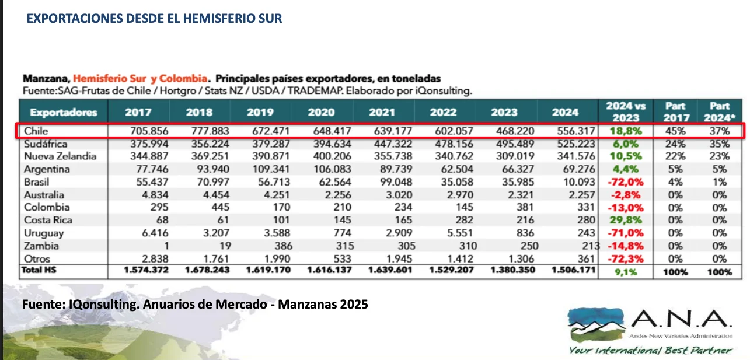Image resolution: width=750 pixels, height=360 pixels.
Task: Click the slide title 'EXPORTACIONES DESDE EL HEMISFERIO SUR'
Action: tap(155, 19)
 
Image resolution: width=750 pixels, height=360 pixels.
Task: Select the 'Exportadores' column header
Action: tap(64, 112)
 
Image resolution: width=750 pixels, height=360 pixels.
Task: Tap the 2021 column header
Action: tap(382, 112)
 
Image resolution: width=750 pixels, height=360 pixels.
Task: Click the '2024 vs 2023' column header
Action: tap(625, 111)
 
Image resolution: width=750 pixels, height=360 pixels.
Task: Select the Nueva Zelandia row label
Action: tap(60, 156)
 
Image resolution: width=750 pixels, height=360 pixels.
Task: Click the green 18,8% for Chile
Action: tap(625, 131)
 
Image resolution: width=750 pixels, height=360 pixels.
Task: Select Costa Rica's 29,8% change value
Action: tap(625, 221)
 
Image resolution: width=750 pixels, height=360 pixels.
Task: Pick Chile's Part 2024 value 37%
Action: tap(720, 131)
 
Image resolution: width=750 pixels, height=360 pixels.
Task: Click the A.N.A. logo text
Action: tap(680, 320)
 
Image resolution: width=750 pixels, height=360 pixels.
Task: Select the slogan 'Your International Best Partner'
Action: tap(650, 350)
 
